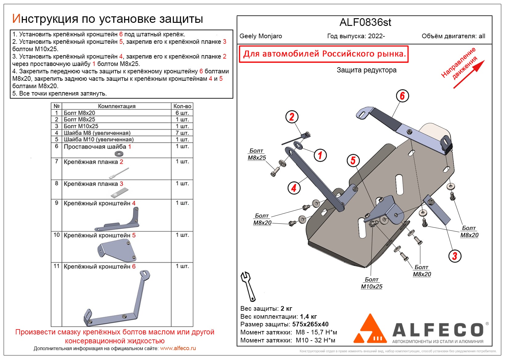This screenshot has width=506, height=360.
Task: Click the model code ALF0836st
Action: (x=365, y=22)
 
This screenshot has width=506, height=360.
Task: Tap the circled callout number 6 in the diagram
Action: (x=402, y=96)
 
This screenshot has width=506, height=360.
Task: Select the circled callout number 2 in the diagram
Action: (x=292, y=117)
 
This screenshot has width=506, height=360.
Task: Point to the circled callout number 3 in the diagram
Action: (x=455, y=256)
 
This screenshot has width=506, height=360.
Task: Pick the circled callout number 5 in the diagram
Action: (x=353, y=160)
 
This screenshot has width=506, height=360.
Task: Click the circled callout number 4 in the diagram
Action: (x=294, y=188)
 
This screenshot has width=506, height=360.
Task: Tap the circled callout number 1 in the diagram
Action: (x=320, y=155)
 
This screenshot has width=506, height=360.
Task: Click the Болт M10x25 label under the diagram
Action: (x=372, y=283)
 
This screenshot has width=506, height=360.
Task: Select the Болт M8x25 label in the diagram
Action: (x=257, y=154)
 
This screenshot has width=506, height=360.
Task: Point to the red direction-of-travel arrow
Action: (x=469, y=74)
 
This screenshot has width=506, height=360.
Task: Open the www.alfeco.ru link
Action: (x=178, y=348)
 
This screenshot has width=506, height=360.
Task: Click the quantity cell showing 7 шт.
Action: (x=182, y=133)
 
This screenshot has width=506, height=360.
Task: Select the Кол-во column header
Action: (x=182, y=106)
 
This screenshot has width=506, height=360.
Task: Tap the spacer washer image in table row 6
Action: (x=119, y=153)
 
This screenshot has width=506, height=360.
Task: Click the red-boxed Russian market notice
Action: (x=324, y=54)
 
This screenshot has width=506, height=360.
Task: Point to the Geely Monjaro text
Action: (x=261, y=36)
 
